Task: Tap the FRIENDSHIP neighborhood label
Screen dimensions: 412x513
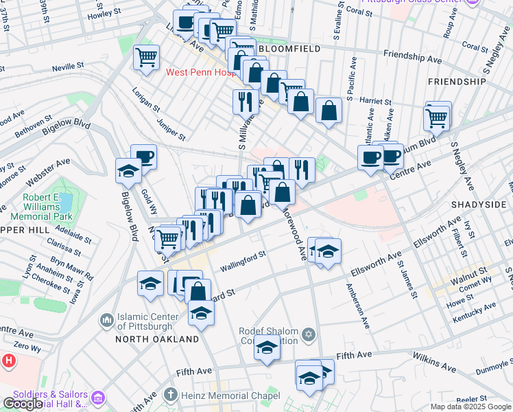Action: pyautogui.click(x=456, y=81)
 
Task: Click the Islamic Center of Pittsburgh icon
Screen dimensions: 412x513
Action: pyautogui.click(x=106, y=320)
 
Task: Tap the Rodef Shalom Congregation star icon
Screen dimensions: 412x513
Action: pyautogui.click(x=309, y=334)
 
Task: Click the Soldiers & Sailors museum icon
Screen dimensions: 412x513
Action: pyautogui.click(x=97, y=398)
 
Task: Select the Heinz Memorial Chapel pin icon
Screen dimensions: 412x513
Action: pyautogui.click(x=170, y=396)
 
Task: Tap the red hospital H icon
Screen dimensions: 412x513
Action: pyautogui.click(x=8, y=360)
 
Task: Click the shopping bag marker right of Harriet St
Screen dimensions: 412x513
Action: pyautogui.click(x=329, y=110)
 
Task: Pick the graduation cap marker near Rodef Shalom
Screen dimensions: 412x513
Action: pyautogui.click(x=267, y=349)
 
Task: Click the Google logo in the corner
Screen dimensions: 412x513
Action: pyautogui.click(x=22, y=404)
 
